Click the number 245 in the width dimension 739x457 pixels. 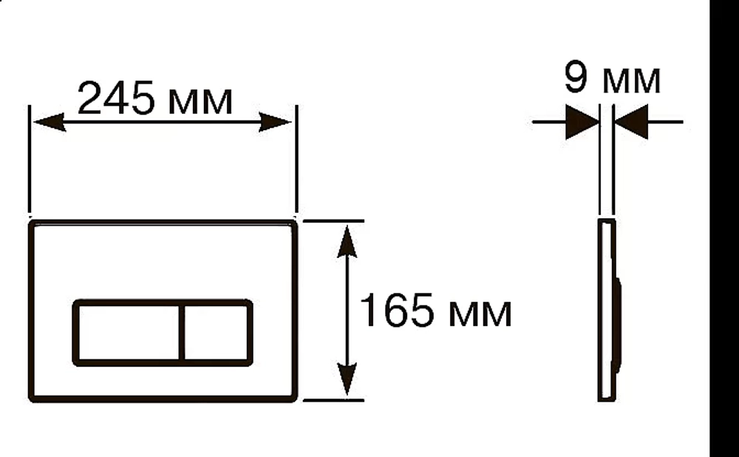[x=115, y=98]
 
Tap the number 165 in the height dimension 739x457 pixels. [x=396, y=309]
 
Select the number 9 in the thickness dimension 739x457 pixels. [x=576, y=77]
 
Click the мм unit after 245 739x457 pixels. [x=200, y=101]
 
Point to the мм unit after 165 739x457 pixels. [x=480, y=313]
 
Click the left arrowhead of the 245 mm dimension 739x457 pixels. [x=49, y=122]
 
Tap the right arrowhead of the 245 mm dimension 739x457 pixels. [x=275, y=122]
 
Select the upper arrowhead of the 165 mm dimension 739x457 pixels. [x=347, y=241]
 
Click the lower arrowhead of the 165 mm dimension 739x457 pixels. [x=347, y=379]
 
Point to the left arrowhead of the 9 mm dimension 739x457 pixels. [x=582, y=122]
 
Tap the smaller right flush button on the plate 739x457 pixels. [x=217, y=333]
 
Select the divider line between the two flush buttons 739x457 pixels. [x=182, y=333]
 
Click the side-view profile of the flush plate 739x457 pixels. [x=607, y=310]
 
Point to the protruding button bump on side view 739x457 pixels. [x=619, y=325]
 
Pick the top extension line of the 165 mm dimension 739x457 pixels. [x=333, y=220]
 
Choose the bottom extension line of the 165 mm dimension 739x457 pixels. [x=333, y=400]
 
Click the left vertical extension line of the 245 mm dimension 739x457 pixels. [x=30, y=159]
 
